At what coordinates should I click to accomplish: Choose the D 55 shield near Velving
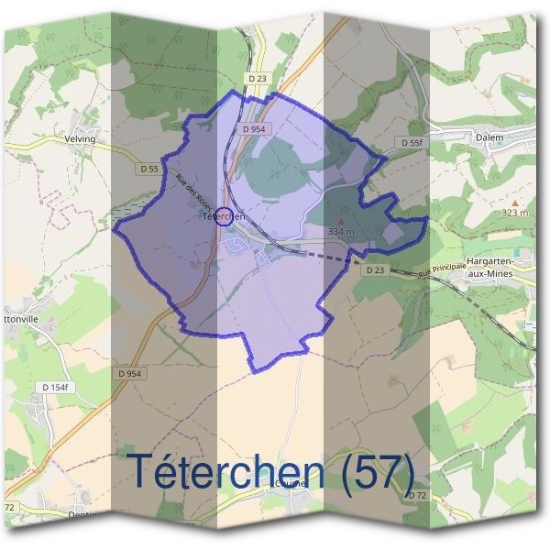pyautogui.click(x=149, y=169)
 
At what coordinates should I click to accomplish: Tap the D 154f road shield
pyautogui.click(x=57, y=388)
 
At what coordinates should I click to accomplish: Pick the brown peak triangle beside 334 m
pyautogui.click(x=342, y=221)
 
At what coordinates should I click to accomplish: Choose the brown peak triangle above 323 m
pyautogui.click(x=515, y=202)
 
